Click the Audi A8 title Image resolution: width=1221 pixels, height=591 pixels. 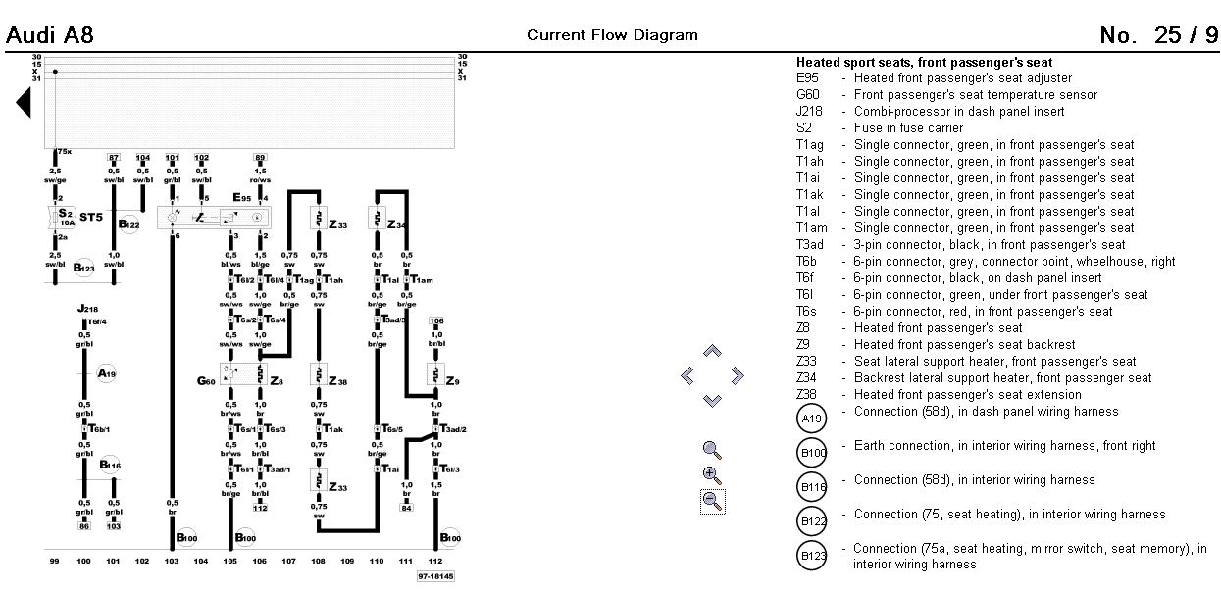pos(50,36)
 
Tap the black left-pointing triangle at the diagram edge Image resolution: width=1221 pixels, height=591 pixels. pos(24,102)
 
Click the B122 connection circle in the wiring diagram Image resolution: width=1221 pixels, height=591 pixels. pos(129,224)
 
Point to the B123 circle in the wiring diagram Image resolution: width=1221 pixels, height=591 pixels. pos(84,267)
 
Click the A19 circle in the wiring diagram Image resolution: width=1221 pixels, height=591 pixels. pos(107,373)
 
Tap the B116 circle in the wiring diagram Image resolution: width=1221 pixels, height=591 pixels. pos(109,465)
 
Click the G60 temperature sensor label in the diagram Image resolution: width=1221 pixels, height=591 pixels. pos(206,380)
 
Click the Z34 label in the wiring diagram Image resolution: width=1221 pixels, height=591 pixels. pos(395,224)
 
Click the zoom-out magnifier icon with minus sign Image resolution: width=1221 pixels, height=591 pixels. pos(713,501)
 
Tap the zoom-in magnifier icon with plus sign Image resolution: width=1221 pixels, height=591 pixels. pos(713,475)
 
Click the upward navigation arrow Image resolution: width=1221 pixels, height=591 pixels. pos(713,351)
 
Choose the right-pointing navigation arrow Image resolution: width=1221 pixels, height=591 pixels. pos(738,375)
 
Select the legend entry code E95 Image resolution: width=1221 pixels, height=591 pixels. pos(807,78)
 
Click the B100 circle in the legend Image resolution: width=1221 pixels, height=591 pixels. pos(813,453)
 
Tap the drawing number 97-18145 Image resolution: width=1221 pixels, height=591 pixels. pos(435,577)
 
